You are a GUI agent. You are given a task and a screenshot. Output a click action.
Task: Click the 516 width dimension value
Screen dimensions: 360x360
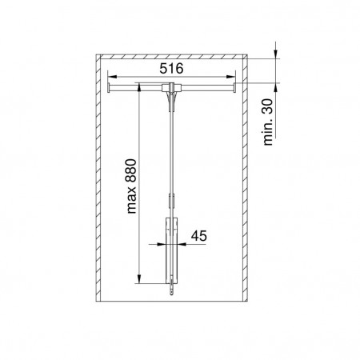(x=171, y=69)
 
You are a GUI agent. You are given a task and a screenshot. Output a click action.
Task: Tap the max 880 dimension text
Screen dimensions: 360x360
(x=131, y=186)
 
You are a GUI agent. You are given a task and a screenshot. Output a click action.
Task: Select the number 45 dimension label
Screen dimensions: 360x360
(x=199, y=236)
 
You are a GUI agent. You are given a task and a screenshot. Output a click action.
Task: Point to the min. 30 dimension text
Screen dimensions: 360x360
(x=268, y=122)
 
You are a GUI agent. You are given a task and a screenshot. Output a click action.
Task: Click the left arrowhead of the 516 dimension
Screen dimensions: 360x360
(x=112, y=77)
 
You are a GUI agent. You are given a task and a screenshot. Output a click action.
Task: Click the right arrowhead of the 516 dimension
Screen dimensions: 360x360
(x=230, y=77)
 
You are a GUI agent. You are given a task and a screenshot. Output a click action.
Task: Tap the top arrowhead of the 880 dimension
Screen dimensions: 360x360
(x=139, y=87)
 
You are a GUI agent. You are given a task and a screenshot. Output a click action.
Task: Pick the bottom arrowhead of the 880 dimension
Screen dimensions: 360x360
(x=139, y=279)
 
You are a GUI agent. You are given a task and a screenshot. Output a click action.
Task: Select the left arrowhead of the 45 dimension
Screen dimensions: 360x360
(x=162, y=244)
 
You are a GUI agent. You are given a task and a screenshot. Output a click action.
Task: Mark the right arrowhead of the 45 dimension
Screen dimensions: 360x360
(x=182, y=244)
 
